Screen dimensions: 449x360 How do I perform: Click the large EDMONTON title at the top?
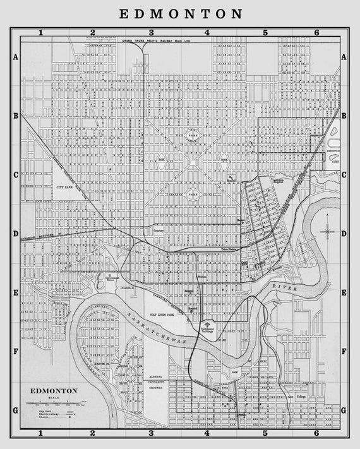pyautogui.click(x=180, y=13)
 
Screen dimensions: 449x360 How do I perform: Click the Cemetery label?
pyautogui.click(x=158, y=230)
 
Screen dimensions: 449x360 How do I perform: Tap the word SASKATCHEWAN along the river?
pyautogui.click(x=147, y=329)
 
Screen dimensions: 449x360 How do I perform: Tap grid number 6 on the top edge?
pyautogui.click(x=316, y=32)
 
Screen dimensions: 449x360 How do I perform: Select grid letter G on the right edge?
pyautogui.click(x=344, y=410)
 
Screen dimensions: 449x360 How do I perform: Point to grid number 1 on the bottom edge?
pyautogui.click(x=40, y=433)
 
